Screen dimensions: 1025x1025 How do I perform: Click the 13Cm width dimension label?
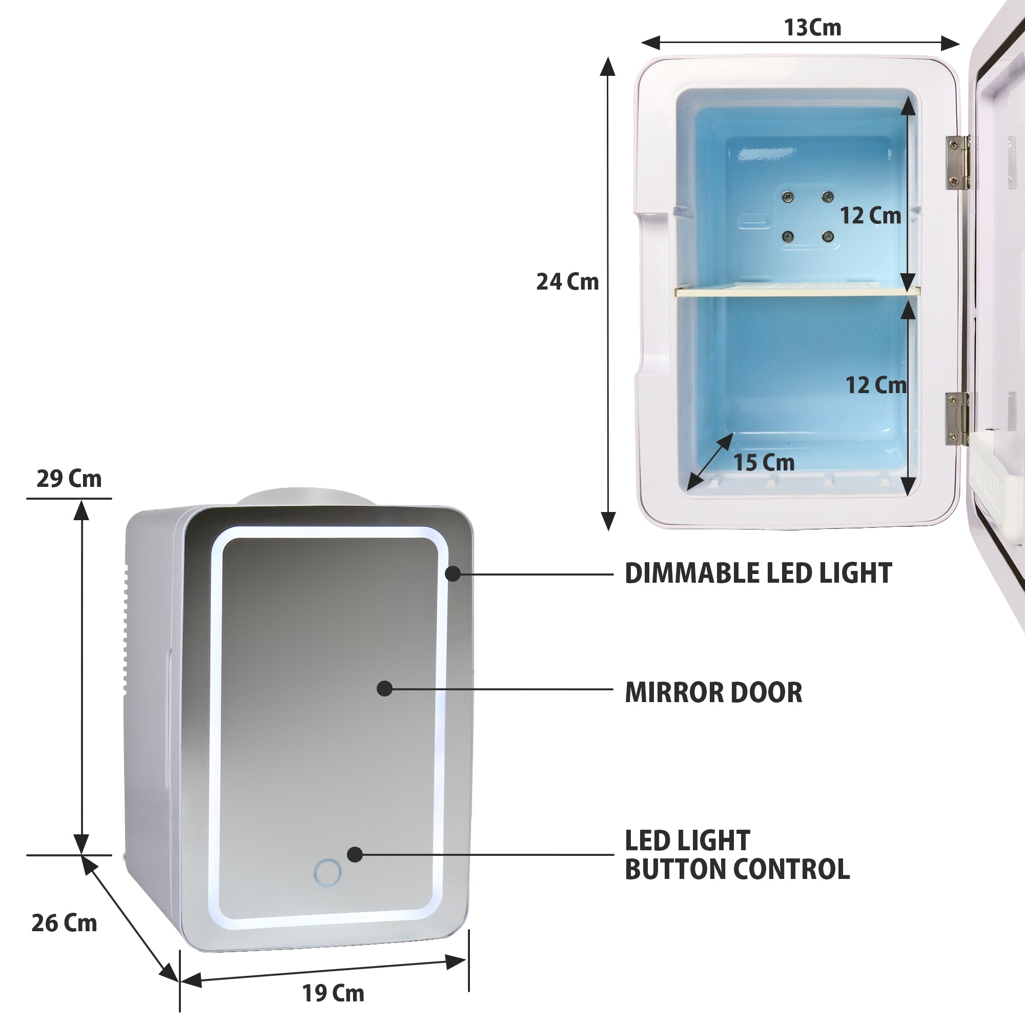tap(812, 28)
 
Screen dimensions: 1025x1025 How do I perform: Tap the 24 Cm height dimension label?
tap(567, 282)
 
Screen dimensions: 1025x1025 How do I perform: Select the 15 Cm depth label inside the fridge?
tap(764, 463)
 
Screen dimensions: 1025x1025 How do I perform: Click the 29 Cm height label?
tap(69, 479)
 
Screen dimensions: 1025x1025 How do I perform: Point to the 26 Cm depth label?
tap(64, 923)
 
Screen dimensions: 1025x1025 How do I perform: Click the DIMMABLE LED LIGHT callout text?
tap(758, 573)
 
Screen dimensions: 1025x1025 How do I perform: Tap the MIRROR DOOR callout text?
tap(713, 692)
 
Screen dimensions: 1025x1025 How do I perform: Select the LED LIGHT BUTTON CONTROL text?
tap(736, 855)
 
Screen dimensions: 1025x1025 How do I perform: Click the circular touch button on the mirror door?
tap(327, 873)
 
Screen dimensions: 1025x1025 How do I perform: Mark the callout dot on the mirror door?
tap(384, 689)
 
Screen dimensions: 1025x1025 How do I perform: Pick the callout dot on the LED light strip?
tap(453, 573)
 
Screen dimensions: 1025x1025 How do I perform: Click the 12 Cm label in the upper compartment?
tap(870, 215)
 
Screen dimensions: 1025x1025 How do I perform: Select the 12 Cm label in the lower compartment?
tap(875, 385)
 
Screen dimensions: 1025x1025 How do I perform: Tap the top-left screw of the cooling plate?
tap(788, 197)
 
